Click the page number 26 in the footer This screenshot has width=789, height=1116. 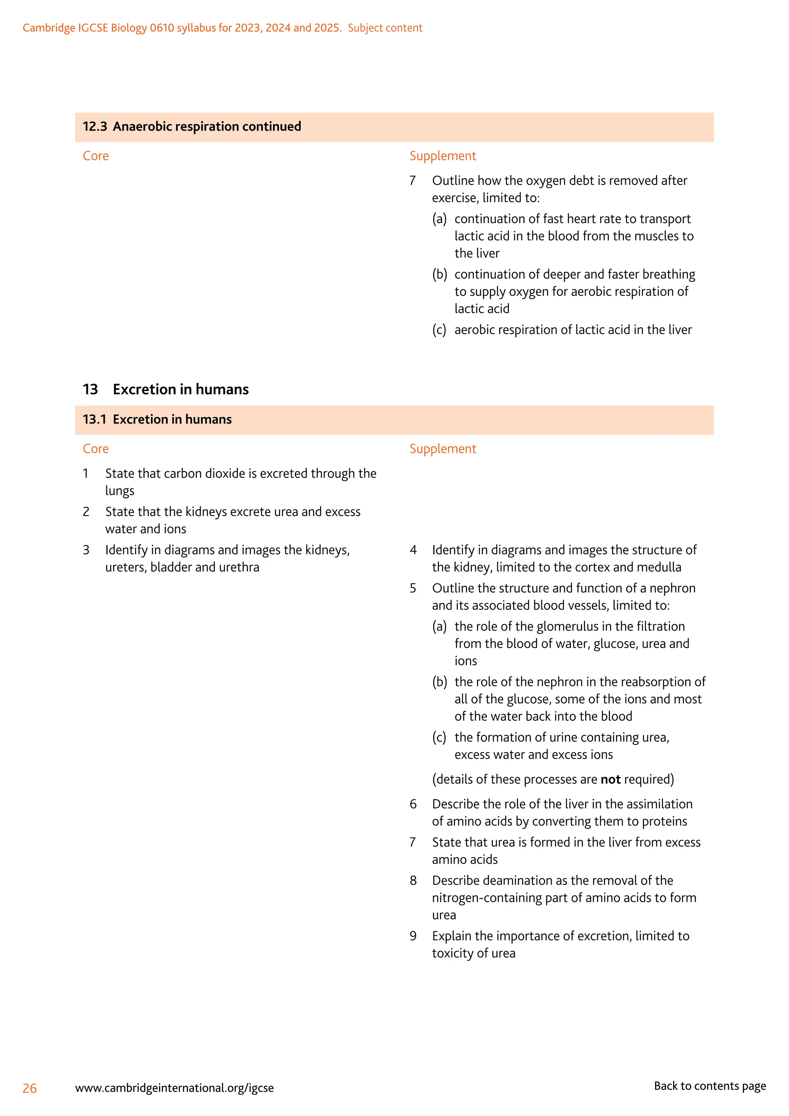pos(30,1088)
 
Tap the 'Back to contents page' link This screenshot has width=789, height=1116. pos(709,1086)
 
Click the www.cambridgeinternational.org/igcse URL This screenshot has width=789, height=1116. pos(175,1088)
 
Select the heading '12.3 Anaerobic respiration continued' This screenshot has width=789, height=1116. pos(192,126)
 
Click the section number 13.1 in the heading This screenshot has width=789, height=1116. pos(94,420)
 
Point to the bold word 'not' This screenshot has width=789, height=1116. pos(610,779)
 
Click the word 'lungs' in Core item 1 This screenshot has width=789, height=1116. pos(119,491)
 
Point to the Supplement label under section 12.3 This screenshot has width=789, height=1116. pos(443,156)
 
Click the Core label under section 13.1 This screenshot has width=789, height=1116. pos(96,449)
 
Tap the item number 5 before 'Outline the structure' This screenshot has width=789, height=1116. pos(413,588)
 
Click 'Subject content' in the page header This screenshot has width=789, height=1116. pos(385,28)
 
